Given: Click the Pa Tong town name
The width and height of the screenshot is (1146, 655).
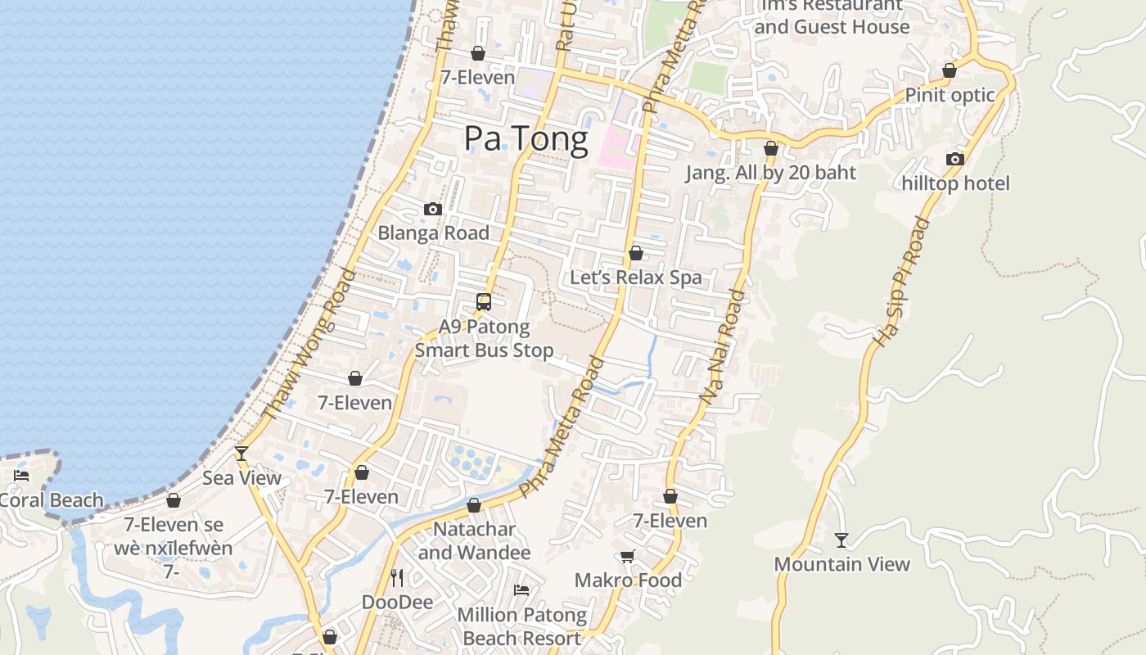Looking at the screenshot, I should pyautogui.click(x=526, y=139).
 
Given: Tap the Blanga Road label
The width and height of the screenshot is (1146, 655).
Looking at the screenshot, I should pyautogui.click(x=433, y=233).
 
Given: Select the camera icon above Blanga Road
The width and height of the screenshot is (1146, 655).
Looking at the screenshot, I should pyautogui.click(x=433, y=210).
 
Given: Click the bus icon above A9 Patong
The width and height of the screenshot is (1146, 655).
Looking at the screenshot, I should pyautogui.click(x=484, y=302).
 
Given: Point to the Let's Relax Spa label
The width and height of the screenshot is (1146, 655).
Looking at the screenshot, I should pyautogui.click(x=636, y=278).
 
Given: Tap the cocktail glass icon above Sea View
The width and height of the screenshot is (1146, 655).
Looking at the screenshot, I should pyautogui.click(x=241, y=453).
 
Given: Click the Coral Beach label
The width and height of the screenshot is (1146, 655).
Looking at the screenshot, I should pyautogui.click(x=52, y=500).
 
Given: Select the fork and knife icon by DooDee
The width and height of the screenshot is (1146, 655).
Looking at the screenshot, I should pyautogui.click(x=397, y=578).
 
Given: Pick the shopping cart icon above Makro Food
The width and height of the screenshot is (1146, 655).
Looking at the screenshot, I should pyautogui.click(x=628, y=557).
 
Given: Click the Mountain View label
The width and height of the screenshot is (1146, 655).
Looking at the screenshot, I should pyautogui.click(x=841, y=564).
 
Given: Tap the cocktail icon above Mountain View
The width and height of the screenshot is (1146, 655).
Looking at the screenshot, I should pyautogui.click(x=841, y=540).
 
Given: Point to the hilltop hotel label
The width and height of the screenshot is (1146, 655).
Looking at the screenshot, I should pyautogui.click(x=956, y=183).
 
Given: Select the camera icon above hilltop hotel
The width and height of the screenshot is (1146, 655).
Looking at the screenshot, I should pyautogui.click(x=955, y=160).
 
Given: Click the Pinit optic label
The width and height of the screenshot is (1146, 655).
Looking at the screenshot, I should pyautogui.click(x=950, y=95).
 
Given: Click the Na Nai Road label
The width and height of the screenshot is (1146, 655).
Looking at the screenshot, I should pyautogui.click(x=724, y=346).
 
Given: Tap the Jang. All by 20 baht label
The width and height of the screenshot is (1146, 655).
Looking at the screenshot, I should pyautogui.click(x=770, y=173).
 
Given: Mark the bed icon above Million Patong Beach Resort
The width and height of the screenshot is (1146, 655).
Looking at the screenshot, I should pyautogui.click(x=521, y=590).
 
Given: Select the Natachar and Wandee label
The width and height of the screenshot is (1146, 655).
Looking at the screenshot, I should pyautogui.click(x=474, y=541).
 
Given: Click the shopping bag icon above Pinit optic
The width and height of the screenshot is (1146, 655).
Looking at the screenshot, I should pyautogui.click(x=950, y=71).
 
